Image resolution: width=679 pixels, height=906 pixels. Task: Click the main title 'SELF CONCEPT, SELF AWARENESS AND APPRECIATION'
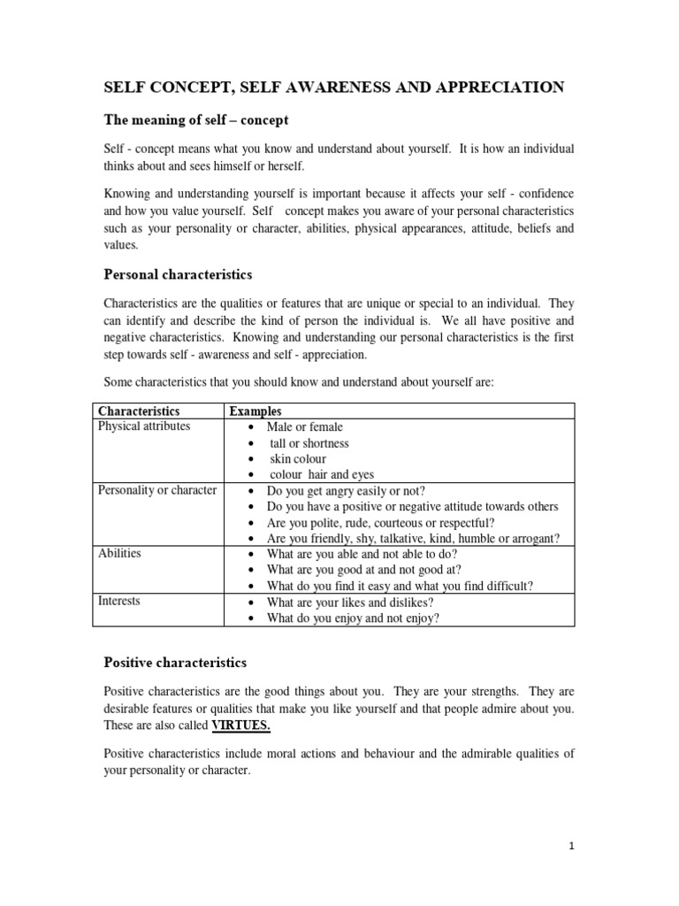point(334,87)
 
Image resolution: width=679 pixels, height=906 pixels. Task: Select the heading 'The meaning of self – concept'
point(196,119)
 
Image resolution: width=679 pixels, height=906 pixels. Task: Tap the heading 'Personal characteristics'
point(179,274)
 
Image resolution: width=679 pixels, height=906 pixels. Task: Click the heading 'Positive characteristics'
point(175,662)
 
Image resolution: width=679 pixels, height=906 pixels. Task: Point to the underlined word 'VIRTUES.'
point(241,726)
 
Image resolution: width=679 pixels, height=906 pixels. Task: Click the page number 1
point(572,846)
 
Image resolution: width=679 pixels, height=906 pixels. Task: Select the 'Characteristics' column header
point(139,411)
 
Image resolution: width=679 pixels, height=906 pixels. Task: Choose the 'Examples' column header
point(256,411)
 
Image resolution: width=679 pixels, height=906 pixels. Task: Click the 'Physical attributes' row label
point(144,426)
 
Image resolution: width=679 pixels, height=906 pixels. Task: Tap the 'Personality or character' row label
point(157,490)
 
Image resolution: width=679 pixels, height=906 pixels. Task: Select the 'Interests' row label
point(119,602)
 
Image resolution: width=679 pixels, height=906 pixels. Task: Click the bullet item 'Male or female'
point(304,427)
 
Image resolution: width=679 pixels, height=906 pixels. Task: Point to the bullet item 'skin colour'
point(298,459)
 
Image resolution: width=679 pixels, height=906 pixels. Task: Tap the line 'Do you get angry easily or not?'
point(350,491)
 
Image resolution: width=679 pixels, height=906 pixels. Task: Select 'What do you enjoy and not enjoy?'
point(353,618)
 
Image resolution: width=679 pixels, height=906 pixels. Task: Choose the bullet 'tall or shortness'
point(309,443)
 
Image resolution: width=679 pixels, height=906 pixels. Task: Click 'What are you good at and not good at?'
point(363,571)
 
